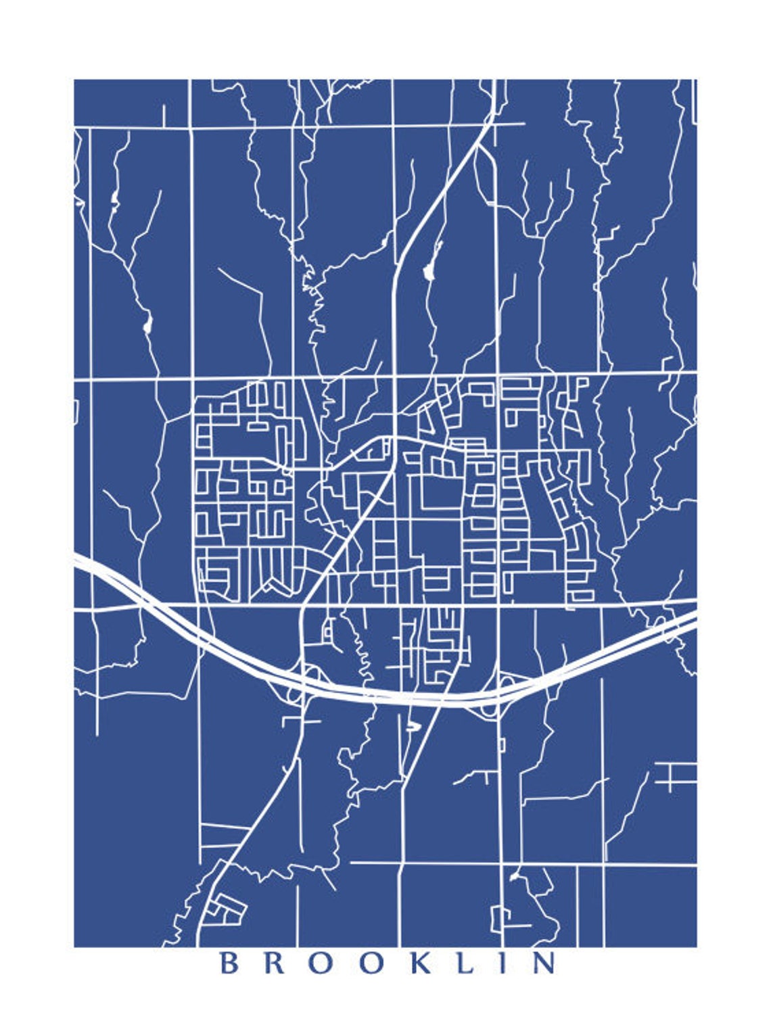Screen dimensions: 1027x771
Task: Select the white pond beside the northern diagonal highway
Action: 427,271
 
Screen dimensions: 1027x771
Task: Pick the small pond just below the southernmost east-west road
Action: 515,877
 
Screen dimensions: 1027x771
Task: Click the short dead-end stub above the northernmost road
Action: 164,115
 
